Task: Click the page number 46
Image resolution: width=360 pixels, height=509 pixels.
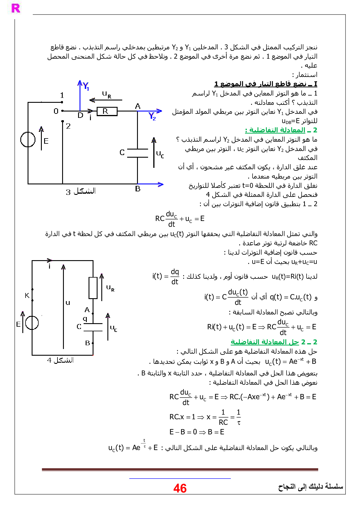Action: point(180,488)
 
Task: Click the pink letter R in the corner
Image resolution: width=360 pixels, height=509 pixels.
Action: point(16,8)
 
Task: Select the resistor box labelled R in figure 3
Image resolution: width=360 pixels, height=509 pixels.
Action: point(107,111)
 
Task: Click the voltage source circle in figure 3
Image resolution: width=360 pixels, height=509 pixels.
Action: point(28,140)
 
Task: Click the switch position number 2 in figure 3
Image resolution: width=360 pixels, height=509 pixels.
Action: point(68,126)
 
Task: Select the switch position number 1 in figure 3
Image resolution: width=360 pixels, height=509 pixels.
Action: point(62,95)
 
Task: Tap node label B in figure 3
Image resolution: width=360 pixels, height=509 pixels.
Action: point(138,189)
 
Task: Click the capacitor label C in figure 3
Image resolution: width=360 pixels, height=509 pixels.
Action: point(122,152)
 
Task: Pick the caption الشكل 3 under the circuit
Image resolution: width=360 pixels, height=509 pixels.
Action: point(81,191)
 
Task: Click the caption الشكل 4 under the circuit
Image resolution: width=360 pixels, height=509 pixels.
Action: point(60,360)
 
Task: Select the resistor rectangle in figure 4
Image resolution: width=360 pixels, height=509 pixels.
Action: point(93,288)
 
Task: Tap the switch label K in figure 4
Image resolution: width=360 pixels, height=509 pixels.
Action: point(27,296)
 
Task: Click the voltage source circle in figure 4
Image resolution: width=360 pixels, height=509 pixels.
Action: point(32,323)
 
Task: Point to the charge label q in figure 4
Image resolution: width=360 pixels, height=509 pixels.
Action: point(85,319)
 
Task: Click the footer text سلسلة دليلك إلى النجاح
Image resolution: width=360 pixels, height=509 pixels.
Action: point(311,486)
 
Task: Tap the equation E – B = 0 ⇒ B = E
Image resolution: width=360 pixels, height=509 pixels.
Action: point(197,432)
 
